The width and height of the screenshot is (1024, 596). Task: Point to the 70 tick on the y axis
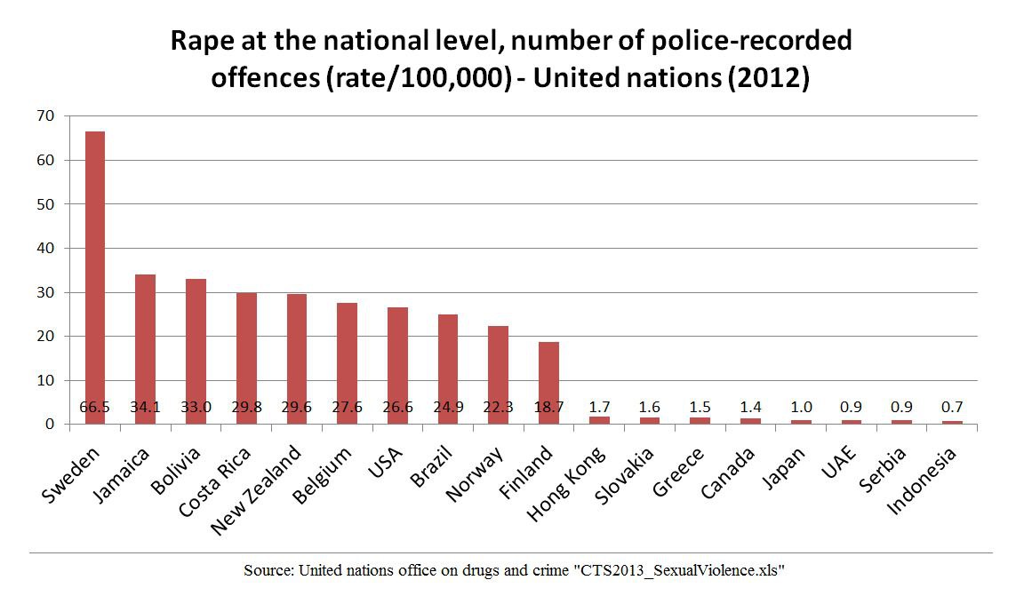click(45, 116)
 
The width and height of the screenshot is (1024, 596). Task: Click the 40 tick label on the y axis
click(45, 248)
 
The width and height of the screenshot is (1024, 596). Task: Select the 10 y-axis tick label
click(45, 380)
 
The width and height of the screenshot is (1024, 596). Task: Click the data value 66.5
click(94, 409)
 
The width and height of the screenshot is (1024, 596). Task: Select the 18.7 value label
click(549, 409)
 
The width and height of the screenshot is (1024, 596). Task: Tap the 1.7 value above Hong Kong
click(600, 409)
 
